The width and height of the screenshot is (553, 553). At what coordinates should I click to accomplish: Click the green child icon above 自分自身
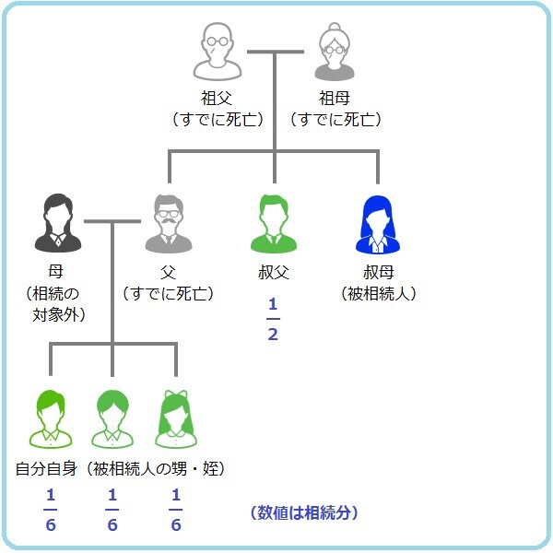pos(52,419)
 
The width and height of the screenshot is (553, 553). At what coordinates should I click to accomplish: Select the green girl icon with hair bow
pos(174,419)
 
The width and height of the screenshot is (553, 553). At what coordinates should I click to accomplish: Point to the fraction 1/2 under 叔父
pos(273,319)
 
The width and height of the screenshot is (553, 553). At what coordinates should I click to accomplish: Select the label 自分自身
pos(46,469)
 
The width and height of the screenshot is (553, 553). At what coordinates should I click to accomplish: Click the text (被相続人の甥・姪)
pos(156,469)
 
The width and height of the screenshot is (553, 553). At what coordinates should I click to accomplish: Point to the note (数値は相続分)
pos(304,512)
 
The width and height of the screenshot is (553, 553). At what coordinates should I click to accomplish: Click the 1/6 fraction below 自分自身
pos(51,511)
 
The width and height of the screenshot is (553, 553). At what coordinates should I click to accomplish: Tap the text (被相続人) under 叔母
pos(379,294)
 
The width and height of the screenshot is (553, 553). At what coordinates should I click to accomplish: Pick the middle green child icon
pos(112,419)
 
